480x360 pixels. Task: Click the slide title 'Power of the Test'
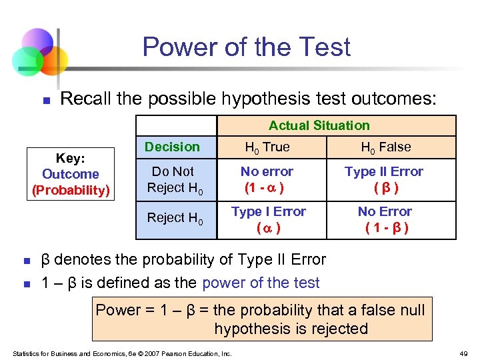246,47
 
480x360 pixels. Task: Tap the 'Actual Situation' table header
319,125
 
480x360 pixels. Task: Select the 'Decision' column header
172,147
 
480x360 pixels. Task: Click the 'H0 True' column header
267,147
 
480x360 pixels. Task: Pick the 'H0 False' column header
385,147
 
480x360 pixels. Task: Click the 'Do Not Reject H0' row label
175,179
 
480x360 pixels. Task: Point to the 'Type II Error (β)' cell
383,179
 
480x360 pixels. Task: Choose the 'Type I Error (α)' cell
268,219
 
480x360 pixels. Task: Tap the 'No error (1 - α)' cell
267,179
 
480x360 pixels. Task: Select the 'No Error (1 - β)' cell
385,219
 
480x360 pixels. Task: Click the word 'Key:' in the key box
70,159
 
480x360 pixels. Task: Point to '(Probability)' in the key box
70,190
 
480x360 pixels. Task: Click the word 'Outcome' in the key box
70,174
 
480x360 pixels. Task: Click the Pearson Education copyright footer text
122,353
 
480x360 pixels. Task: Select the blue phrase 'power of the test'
261,283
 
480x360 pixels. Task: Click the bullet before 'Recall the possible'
46,101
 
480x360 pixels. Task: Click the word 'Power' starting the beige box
118,310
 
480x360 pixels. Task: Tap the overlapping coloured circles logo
39,52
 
